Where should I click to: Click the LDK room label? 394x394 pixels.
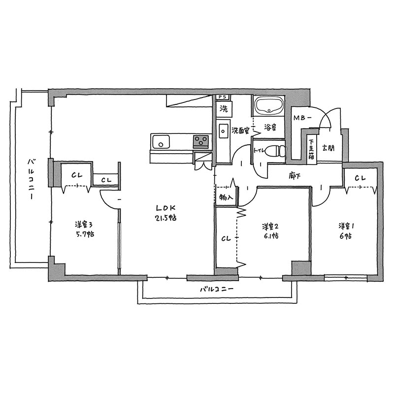pyautogui.click(x=165, y=208)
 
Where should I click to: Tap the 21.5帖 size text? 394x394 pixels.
pyautogui.click(x=165, y=218)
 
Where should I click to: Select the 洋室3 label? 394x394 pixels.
pyautogui.click(x=84, y=225)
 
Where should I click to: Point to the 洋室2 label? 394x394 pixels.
pyautogui.click(x=270, y=227)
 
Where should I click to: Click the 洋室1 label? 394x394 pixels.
pyautogui.click(x=346, y=226)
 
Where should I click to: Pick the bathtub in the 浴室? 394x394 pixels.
pyautogui.click(x=269, y=105)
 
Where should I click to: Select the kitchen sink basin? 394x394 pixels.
pyautogui.click(x=161, y=142)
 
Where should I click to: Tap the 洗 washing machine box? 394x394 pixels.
pyautogui.click(x=224, y=109)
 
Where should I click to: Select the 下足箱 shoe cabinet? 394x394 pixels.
pyautogui.click(x=312, y=149)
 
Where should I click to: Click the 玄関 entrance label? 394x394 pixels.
pyautogui.click(x=328, y=148)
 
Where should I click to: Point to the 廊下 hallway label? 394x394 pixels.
pyautogui.click(x=295, y=176)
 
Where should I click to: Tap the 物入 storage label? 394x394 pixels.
pyautogui.click(x=225, y=197)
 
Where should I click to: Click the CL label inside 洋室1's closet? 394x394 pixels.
pyautogui.click(x=360, y=178)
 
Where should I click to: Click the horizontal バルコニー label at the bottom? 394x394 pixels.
pyautogui.click(x=217, y=289)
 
